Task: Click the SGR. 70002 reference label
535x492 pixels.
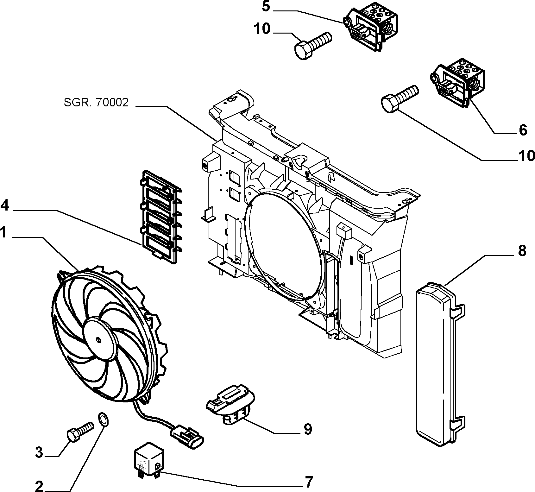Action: (x=96, y=102)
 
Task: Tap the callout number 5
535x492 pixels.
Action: (x=266, y=7)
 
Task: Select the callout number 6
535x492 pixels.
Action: (x=523, y=130)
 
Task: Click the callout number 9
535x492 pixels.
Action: (x=307, y=429)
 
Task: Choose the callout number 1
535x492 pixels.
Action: (x=3, y=233)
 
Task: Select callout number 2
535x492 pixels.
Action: (x=39, y=486)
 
